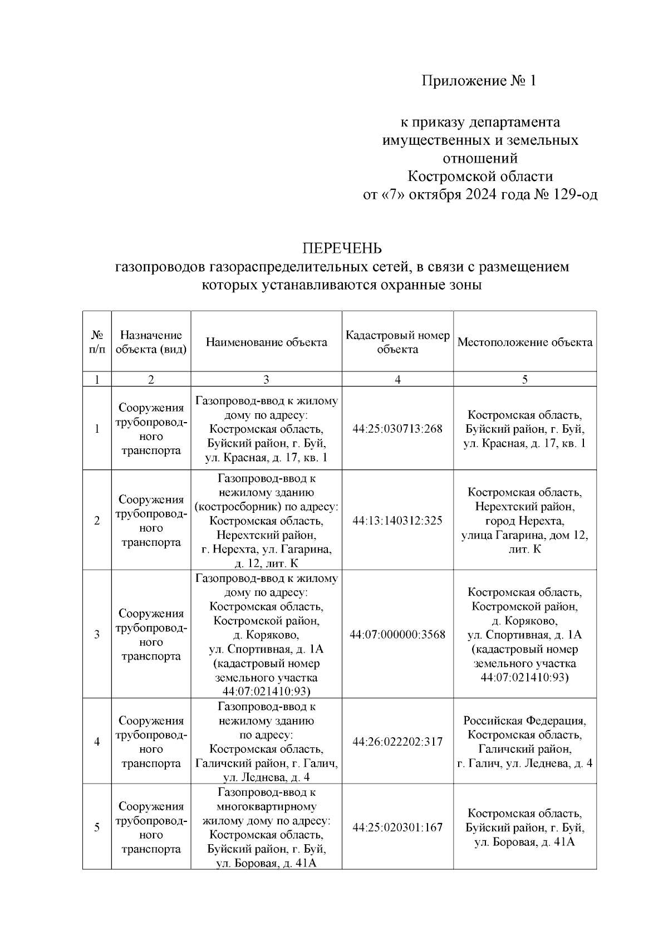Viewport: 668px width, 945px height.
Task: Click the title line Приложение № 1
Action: [479, 81]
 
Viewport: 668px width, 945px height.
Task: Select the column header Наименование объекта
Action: [266, 342]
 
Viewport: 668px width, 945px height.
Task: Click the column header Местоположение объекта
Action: [524, 342]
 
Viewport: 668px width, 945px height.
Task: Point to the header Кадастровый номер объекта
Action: [397, 342]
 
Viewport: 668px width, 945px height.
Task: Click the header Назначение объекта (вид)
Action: [151, 342]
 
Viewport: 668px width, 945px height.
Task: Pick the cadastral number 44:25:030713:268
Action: [397, 429]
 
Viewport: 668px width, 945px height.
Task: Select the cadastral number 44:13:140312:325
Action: [397, 521]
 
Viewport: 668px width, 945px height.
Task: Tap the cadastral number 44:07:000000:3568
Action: [397, 635]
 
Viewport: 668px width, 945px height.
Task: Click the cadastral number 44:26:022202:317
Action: [397, 742]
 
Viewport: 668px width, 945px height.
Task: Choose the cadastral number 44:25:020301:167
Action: [397, 828]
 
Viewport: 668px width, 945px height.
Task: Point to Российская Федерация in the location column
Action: [524, 721]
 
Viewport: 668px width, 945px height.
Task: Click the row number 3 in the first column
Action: [97, 635]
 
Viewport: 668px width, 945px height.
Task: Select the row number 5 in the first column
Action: [97, 828]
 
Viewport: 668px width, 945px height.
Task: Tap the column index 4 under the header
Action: [397, 380]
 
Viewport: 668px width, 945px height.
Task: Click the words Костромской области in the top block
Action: [480, 177]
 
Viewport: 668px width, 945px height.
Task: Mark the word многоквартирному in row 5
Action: [266, 806]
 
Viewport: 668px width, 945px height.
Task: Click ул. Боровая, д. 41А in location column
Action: [524, 842]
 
